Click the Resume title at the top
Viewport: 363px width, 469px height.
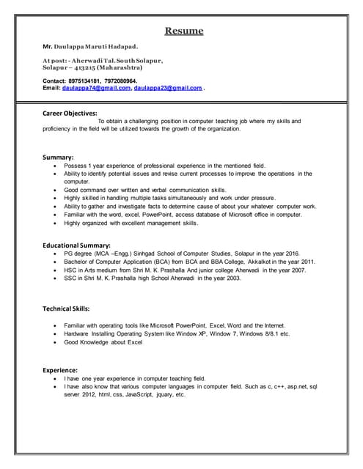tap(183, 31)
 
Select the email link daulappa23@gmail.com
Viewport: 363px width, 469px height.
tap(168, 88)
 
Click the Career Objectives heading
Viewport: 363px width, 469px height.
tap(70, 113)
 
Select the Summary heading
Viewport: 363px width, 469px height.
tap(58, 158)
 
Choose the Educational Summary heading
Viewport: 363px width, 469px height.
tap(77, 245)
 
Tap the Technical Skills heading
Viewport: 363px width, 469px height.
tap(67, 309)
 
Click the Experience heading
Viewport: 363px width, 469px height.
tap(61, 370)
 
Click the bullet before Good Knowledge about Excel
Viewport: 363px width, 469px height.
tap(56, 342)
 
